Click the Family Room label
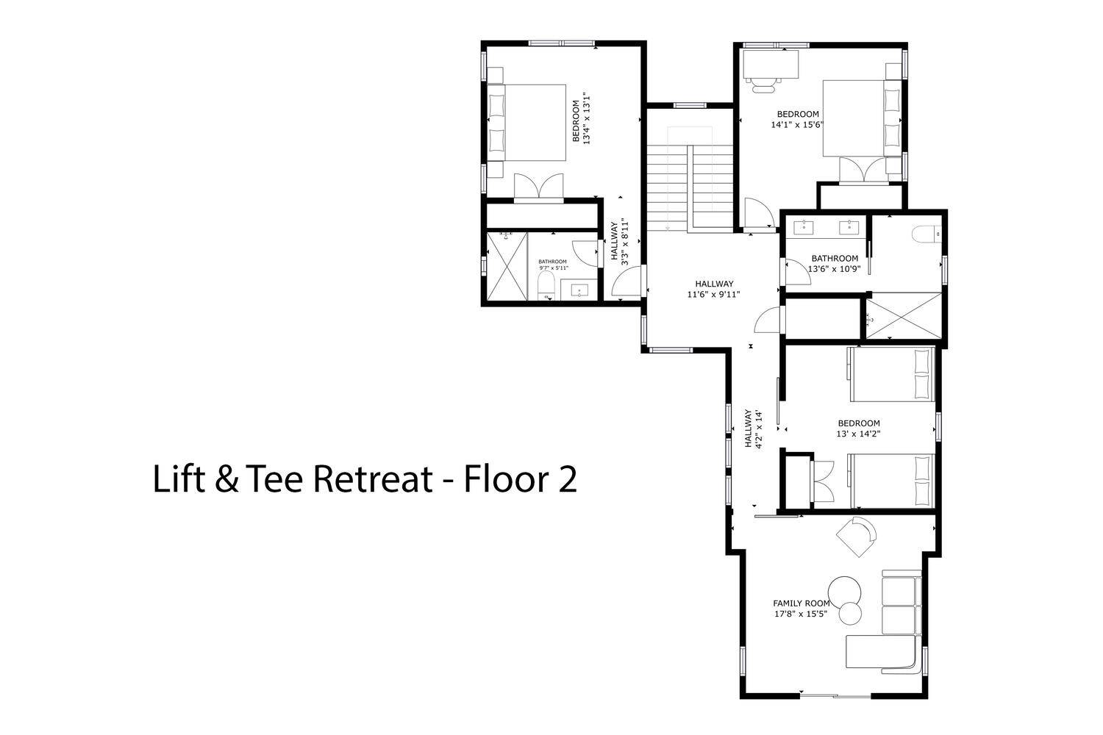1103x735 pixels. [x=802, y=603]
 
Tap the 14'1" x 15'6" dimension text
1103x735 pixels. [x=797, y=125]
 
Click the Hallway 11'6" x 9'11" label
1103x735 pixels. [x=714, y=290]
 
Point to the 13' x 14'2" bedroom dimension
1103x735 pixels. [x=858, y=434]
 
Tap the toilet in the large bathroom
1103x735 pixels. [x=926, y=234]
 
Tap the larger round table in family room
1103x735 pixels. [x=844, y=592]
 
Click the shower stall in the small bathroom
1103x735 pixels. [x=507, y=266]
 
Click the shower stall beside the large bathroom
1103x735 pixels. [x=904, y=315]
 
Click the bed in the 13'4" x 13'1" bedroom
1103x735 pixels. [x=526, y=123]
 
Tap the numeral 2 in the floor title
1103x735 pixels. [x=567, y=479]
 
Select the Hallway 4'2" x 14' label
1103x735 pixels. [x=754, y=429]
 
